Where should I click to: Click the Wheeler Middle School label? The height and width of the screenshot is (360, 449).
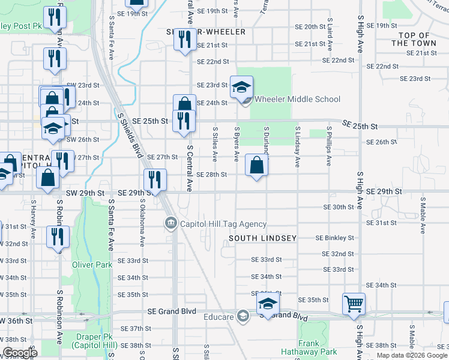pos(297,100)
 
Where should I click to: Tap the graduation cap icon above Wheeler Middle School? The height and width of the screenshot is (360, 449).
pos(241,88)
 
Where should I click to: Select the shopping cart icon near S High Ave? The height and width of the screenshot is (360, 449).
pos(354,304)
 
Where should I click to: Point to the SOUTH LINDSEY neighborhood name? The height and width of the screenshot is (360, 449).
pos(263,238)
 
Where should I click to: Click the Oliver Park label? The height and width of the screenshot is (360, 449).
pos(92,265)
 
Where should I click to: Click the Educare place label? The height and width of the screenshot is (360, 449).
pos(218,316)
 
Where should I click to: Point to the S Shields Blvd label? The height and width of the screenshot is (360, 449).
pos(130,134)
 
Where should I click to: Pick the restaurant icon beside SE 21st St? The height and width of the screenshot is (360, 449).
pos(184,40)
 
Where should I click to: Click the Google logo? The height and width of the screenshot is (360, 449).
pos(19,353)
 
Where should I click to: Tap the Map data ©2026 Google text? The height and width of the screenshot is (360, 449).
pos(412,355)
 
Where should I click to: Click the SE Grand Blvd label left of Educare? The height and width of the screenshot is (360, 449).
pos(172,311)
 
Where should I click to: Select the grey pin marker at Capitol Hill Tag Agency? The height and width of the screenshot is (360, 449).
pos(171,224)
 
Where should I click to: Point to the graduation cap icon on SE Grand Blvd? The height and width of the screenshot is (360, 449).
pos(268,305)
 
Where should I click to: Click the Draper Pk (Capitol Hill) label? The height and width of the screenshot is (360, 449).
pos(91,341)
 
